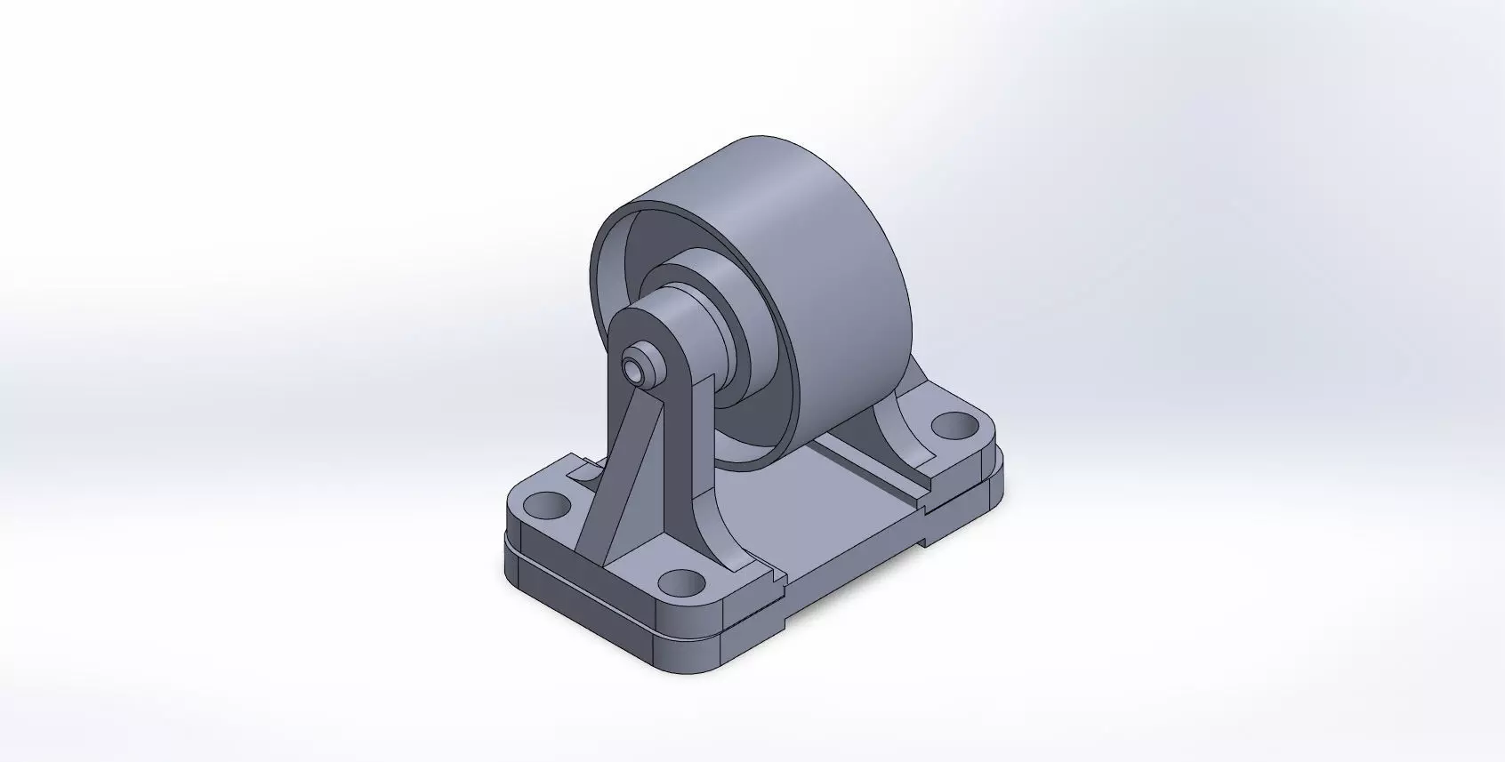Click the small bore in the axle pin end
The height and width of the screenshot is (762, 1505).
click(x=632, y=369)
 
